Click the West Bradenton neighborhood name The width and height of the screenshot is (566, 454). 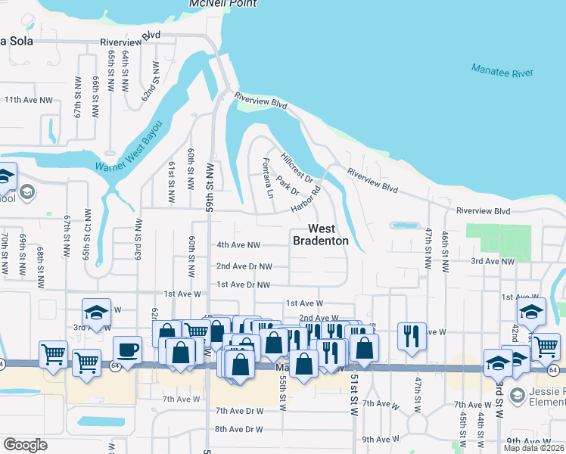[321, 235]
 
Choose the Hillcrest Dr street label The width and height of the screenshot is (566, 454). [297, 166]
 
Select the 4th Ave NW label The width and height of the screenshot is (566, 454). [238, 245]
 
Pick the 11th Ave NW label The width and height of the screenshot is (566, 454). [29, 99]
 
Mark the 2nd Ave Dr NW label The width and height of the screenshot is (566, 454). [244, 266]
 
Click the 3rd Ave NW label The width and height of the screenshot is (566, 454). [492, 261]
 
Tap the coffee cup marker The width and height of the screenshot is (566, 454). [127, 350]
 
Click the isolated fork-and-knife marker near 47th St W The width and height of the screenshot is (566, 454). [411, 334]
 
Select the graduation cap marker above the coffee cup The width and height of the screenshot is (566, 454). [97, 311]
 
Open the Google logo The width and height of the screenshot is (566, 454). [25, 445]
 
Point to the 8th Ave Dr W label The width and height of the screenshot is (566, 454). [238, 429]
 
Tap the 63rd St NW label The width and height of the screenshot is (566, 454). [139, 238]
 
